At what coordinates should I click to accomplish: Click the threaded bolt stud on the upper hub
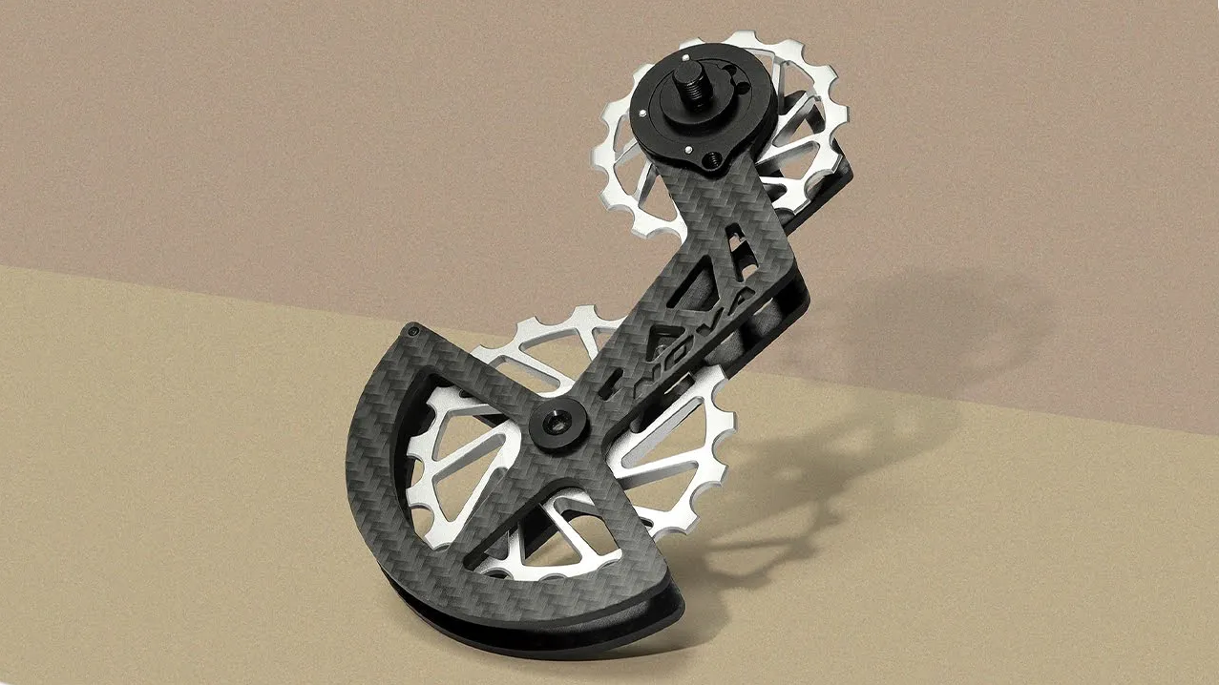tap(690, 85)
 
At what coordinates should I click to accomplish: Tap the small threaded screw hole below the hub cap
tap(711, 159)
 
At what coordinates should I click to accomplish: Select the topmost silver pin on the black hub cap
tap(685, 56)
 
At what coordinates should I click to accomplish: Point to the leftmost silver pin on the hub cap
tap(642, 114)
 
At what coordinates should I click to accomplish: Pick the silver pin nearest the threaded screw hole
tap(688, 149)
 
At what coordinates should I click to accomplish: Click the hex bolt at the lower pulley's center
tap(557, 424)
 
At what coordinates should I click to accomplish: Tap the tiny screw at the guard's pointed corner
tap(415, 330)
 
